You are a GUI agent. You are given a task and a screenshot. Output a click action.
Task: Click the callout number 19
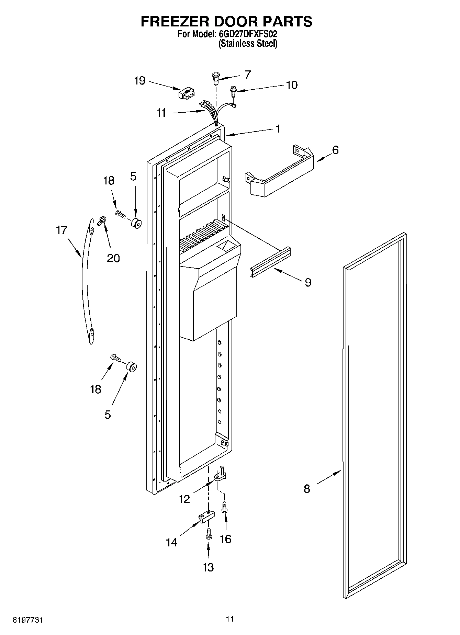pyautogui.click(x=140, y=81)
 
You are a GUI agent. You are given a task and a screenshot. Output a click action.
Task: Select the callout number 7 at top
pyautogui.click(x=247, y=75)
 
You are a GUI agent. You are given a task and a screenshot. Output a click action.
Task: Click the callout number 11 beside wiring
pyautogui.click(x=161, y=113)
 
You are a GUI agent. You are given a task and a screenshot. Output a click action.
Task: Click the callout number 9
pyautogui.click(x=308, y=282)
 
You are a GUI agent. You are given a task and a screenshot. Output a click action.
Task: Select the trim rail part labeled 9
pyautogui.click(x=271, y=258)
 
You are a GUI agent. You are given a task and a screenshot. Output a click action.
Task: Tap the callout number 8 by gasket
pyautogui.click(x=306, y=488)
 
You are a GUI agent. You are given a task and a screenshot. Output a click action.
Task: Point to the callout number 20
pyautogui.click(x=113, y=258)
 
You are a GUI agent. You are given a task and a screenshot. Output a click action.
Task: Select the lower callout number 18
pyautogui.click(x=96, y=389)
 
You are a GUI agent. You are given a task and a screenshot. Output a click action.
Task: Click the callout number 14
pyautogui.click(x=171, y=542)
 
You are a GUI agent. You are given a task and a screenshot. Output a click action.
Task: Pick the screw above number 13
pyautogui.click(x=208, y=534)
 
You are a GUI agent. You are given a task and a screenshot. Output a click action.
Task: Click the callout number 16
pyautogui.click(x=225, y=539)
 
